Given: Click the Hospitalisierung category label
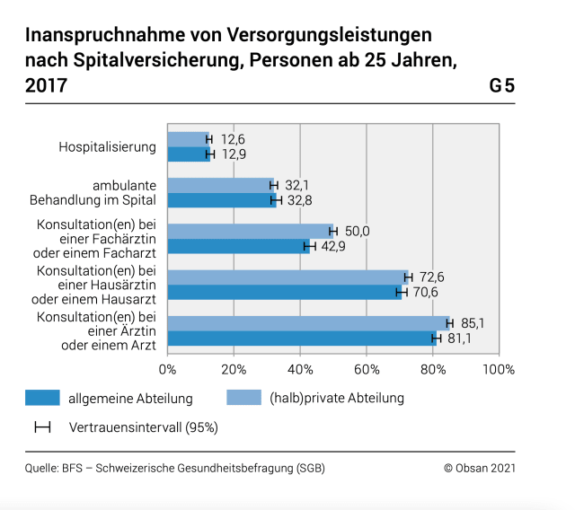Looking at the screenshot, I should (x=108, y=146).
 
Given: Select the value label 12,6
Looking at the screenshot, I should (x=233, y=138).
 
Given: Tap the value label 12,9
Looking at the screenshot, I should (x=233, y=154).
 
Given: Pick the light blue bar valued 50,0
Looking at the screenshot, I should (x=250, y=231).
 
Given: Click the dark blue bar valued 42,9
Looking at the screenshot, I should (x=238, y=246).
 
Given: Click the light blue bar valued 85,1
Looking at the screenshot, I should (x=308, y=322).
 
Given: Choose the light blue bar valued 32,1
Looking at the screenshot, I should (x=220, y=184).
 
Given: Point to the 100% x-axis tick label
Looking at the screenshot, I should (x=499, y=369).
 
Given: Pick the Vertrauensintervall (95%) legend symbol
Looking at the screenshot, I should (x=42, y=427).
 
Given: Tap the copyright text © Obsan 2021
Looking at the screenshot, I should (x=480, y=468).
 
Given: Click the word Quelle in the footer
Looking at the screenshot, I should (x=41, y=468).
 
